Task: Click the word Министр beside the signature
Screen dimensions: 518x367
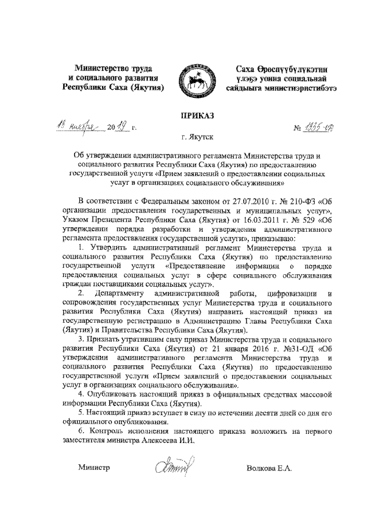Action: coord(93,468)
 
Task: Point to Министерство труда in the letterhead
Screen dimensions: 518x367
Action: coord(112,68)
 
